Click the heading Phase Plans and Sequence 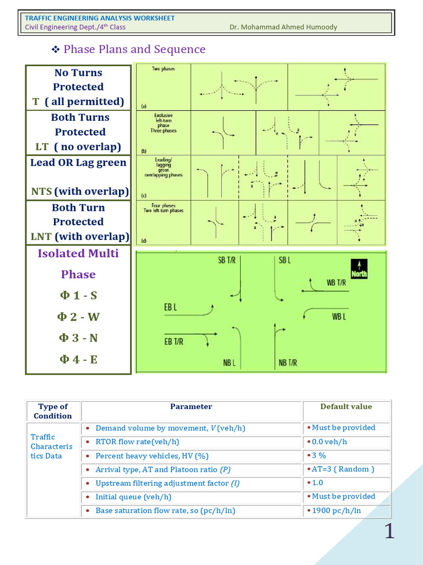[134, 49]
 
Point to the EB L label [170, 307]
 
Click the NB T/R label [288, 363]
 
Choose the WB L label [339, 317]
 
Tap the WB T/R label [336, 282]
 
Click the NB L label [230, 363]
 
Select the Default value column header [346, 407]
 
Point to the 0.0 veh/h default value [329, 441]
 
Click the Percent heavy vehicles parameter [151, 456]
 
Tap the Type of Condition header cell [53, 411]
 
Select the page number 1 [389, 531]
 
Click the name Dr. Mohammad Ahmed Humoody [283, 27]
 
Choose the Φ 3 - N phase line [78, 338]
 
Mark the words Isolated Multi [78, 253]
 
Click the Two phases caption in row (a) [164, 70]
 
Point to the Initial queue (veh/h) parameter [133, 497]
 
